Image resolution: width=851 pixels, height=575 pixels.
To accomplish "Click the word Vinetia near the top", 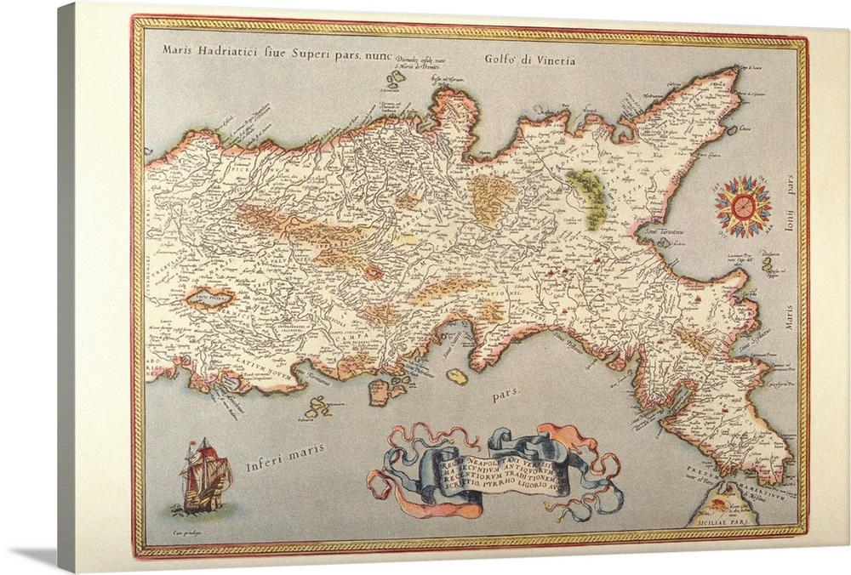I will click(x=553, y=60).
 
